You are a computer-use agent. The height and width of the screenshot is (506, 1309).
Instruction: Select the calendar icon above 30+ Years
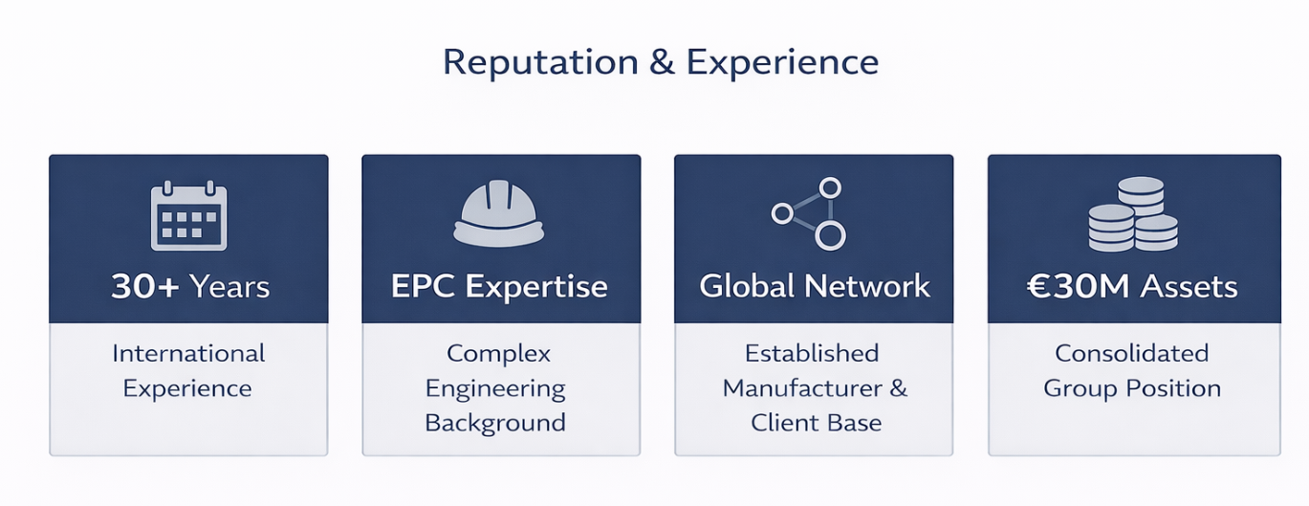tap(189, 217)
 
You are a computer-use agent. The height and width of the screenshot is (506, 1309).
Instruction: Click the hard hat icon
tap(498, 214)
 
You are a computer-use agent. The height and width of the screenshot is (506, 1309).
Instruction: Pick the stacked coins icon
tap(1133, 214)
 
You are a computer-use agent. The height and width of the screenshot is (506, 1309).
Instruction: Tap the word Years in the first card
tap(229, 286)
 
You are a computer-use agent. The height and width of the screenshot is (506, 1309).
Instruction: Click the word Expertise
tap(542, 286)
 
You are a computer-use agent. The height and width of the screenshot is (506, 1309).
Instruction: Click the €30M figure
tap(1067, 286)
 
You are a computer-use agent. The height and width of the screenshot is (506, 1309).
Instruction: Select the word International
tap(188, 353)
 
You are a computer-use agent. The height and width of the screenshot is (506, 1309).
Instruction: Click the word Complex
tap(498, 353)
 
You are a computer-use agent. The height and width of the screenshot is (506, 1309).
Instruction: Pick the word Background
tap(495, 423)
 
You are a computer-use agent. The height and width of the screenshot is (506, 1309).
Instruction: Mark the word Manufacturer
tap(802, 388)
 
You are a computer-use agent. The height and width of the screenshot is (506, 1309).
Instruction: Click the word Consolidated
tap(1131, 353)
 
